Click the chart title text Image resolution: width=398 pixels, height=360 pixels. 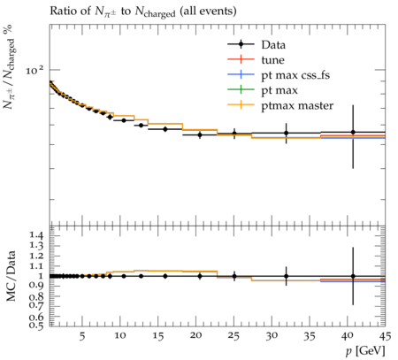click(x=143, y=11)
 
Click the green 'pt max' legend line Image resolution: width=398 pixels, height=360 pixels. click(x=241, y=89)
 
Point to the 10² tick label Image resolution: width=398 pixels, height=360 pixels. click(x=34, y=70)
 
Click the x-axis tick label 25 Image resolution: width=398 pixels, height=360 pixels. click(x=233, y=336)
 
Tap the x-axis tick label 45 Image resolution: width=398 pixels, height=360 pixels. click(x=385, y=336)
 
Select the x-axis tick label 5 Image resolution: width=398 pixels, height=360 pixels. click(x=82, y=336)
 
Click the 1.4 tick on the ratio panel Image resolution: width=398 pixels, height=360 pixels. click(x=36, y=235)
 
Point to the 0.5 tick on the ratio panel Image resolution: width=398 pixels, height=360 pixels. click(x=36, y=325)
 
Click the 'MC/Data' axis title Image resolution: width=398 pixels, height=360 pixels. click(x=11, y=276)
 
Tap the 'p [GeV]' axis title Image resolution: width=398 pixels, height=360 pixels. click(x=365, y=351)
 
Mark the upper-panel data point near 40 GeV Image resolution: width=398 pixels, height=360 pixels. click(x=353, y=132)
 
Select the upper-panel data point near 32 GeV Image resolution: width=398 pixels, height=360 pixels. click(x=286, y=133)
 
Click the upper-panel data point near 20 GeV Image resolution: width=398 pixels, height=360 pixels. click(x=200, y=134)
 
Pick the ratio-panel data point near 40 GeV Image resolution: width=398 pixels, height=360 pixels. click(x=353, y=276)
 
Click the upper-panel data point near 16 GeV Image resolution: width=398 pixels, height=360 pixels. click(x=165, y=129)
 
